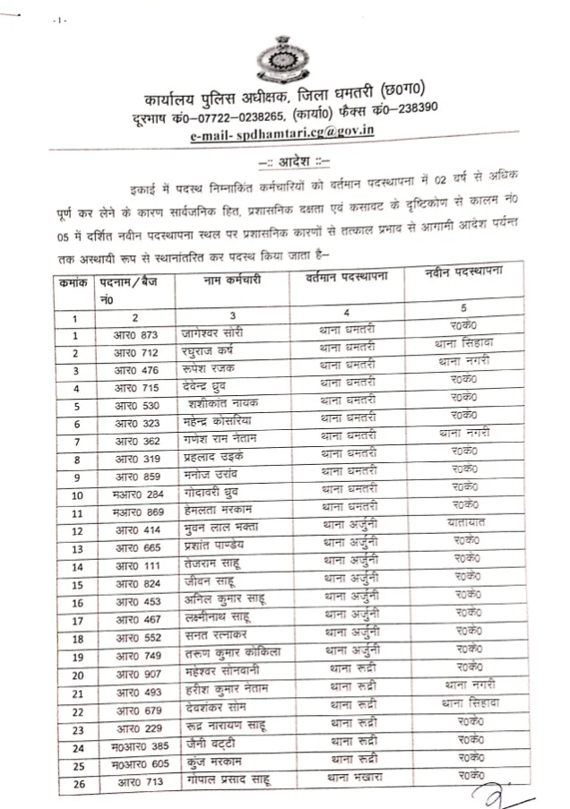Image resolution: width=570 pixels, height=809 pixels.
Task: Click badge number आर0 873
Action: click(135, 333)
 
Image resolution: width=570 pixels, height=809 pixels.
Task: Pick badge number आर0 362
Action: click(135, 441)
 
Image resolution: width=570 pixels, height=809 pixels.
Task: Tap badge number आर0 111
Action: click(135, 566)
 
